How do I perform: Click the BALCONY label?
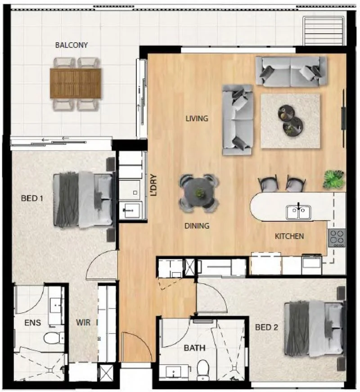tap(72, 45)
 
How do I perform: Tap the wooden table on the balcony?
tap(76, 83)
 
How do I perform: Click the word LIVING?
tap(197, 118)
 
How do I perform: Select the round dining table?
tap(199, 193)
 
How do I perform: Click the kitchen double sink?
tap(298, 212)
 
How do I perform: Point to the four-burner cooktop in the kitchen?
tap(337, 238)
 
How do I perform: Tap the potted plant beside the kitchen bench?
tap(334, 179)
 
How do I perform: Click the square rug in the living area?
tap(290, 121)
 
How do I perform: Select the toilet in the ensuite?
tap(54, 338)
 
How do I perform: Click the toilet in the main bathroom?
tap(203, 370)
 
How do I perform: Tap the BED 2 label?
tap(266, 327)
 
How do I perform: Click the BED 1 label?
tap(32, 199)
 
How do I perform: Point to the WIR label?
tap(83, 322)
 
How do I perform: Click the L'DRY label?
tap(153, 185)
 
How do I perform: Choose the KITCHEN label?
tap(289, 236)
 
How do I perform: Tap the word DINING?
tap(197, 226)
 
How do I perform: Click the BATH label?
tap(195, 348)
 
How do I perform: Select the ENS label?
tap(33, 322)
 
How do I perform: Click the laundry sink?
tap(131, 210)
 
